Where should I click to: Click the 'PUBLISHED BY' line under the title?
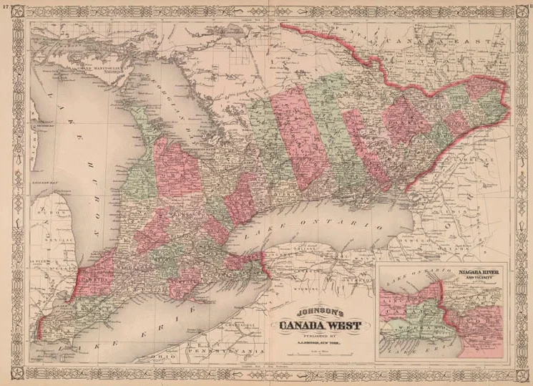(319, 339)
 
